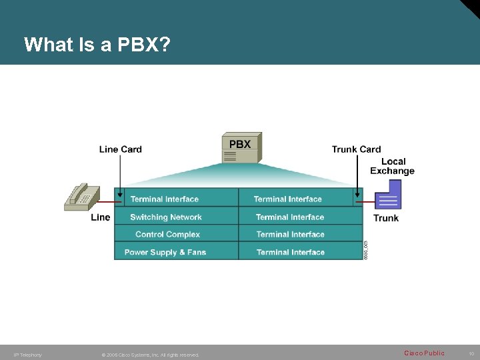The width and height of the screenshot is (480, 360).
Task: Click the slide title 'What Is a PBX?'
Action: (97, 45)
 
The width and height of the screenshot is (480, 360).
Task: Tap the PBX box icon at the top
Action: (241, 147)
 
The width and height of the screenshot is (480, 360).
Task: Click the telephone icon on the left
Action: (81, 197)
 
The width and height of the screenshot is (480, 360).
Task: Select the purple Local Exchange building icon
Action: (387, 199)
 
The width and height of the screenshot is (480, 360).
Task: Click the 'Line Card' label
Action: (121, 149)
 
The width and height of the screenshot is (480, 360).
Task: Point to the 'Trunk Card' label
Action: (356, 149)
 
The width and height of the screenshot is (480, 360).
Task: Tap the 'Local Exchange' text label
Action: (393, 166)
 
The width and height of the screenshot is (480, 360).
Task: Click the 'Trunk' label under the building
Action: (386, 218)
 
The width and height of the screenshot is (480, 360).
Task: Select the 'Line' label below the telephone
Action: (101, 217)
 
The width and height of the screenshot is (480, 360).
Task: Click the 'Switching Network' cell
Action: (166, 217)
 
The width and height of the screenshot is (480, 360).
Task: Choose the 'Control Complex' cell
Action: (167, 235)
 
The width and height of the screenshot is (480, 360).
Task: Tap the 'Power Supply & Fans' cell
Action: (165, 252)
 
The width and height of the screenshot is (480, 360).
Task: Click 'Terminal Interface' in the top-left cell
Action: (165, 199)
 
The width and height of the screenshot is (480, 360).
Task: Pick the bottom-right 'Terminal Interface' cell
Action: (290, 252)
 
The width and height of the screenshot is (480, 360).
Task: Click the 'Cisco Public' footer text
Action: (424, 353)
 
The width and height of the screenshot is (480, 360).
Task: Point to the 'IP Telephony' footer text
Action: (28, 355)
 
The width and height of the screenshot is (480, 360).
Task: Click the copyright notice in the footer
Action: (150, 355)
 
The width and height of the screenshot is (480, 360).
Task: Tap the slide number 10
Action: (471, 354)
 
